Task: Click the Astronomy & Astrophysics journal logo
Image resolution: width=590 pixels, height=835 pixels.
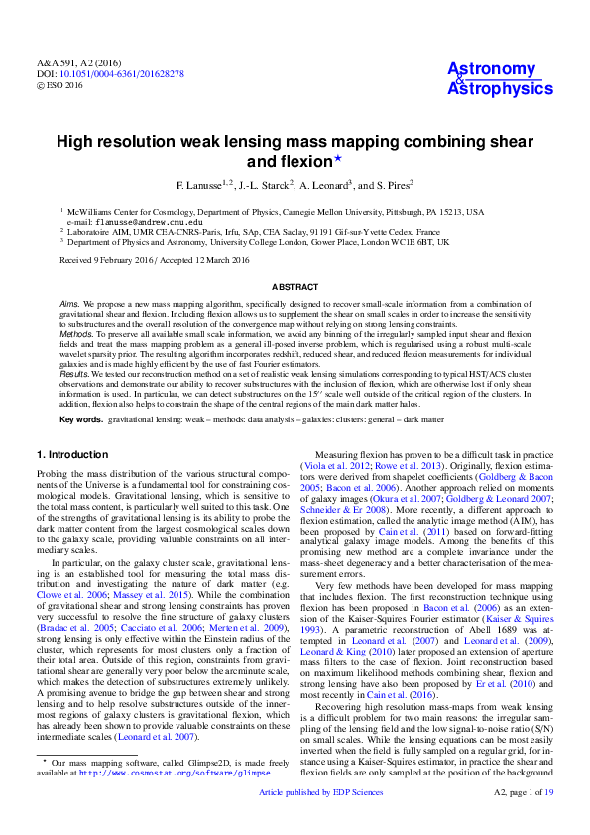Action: [x=492, y=78]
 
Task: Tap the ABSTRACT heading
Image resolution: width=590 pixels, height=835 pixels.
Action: [x=295, y=284]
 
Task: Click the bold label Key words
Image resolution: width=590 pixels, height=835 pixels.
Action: [x=80, y=420]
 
